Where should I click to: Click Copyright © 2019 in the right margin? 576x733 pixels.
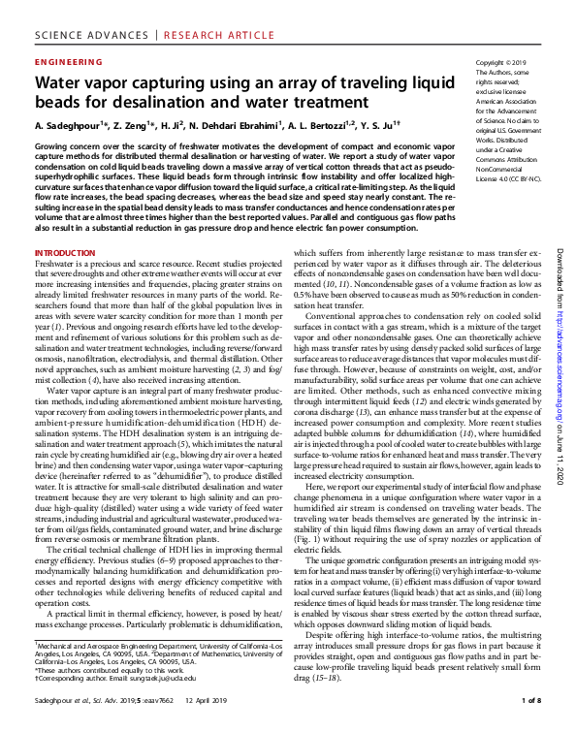pyautogui.click(x=501, y=62)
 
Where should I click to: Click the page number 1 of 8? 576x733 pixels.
pyautogui.click(x=531, y=699)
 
